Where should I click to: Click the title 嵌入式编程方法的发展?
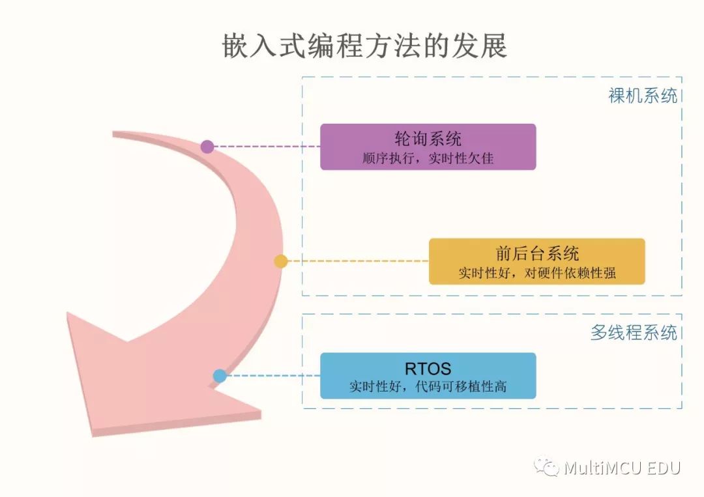(x=364, y=46)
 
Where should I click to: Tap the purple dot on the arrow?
(x=207, y=146)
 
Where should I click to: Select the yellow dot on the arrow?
(x=280, y=261)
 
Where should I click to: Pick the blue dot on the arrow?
(x=220, y=376)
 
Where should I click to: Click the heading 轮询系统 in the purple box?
(x=428, y=139)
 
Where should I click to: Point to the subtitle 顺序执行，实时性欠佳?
(x=428, y=158)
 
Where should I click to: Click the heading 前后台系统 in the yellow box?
(x=537, y=253)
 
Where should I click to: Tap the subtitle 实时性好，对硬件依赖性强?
(x=537, y=273)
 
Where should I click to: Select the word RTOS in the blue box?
(x=428, y=369)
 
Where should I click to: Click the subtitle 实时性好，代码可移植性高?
(x=428, y=386)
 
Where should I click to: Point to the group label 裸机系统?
(x=643, y=96)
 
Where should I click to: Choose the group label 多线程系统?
(x=634, y=332)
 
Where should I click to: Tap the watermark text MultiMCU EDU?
(x=623, y=468)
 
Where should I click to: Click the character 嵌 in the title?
(x=235, y=46)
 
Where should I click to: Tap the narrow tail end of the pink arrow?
(x=114, y=134)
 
